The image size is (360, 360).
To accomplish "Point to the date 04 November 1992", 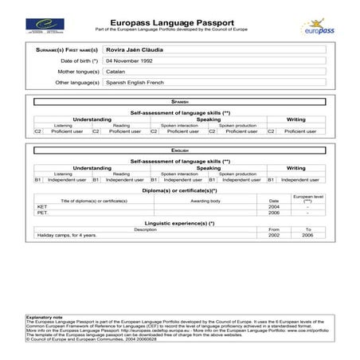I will pos(131,61).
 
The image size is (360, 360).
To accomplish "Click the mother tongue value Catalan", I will pos(115,71).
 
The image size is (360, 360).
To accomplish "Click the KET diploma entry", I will pos(43,206).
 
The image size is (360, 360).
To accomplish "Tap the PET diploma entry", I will pos(43,213).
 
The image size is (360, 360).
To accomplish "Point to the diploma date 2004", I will pos(275,206).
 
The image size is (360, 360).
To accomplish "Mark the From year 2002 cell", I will pos(275,236).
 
